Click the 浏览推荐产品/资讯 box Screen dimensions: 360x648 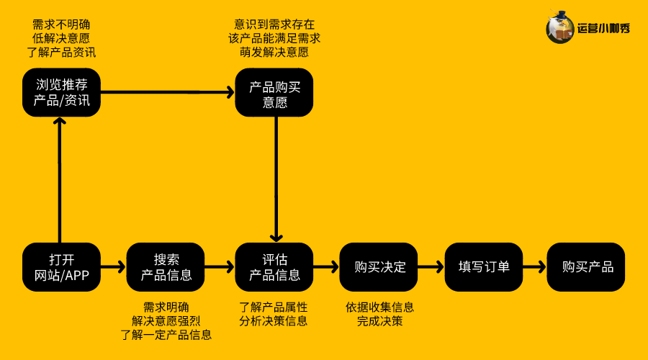[61, 93]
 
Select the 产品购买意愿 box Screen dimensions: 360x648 [274, 93]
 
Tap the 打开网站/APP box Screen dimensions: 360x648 [61, 267]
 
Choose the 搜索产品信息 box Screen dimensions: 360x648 [166, 267]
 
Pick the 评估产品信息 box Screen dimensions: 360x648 [274, 267]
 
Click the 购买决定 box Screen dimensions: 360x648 [380, 267]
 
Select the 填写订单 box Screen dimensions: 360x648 [484, 267]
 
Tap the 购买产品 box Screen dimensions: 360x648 [587, 267]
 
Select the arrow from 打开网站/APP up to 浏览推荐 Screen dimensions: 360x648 [60, 180]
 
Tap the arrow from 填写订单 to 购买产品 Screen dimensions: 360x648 [534, 267]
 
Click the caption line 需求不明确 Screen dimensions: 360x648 [61, 24]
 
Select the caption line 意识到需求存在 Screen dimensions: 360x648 [274, 24]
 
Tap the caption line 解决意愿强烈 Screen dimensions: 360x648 [166, 320]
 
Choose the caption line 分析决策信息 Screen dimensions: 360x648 [274, 320]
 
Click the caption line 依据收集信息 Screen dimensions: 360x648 [379, 307]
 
